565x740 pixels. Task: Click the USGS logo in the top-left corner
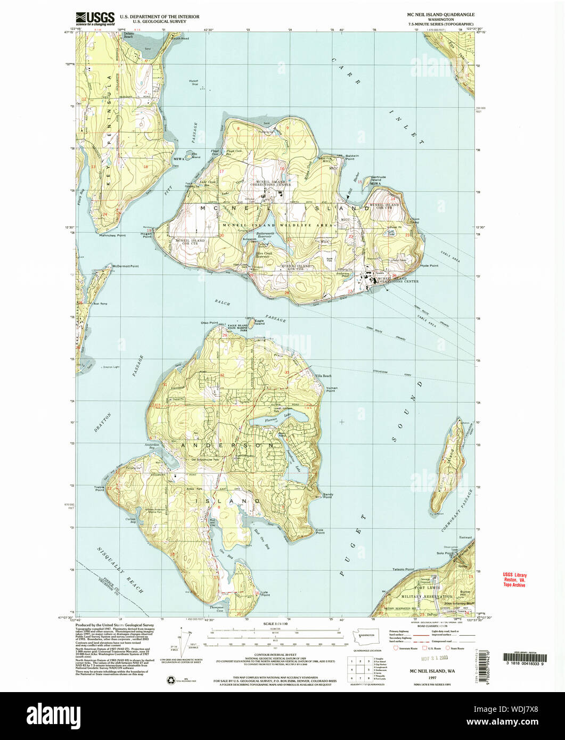95,19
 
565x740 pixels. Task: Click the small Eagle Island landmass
250,323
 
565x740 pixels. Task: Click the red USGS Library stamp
514,580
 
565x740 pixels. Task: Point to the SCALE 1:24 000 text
275,624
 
